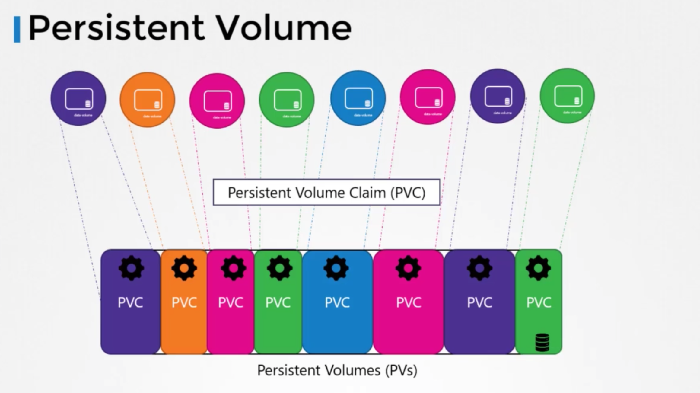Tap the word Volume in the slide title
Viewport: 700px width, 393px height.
pos(284,28)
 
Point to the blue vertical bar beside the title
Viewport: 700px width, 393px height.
pos(17,30)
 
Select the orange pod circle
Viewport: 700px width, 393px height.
pos(147,99)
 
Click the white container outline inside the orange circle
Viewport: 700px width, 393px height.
pos(148,100)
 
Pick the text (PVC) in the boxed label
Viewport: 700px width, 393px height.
pos(408,193)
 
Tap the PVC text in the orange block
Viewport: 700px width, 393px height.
pos(184,302)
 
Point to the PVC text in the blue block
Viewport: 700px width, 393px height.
pos(337,302)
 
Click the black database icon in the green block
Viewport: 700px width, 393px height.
pos(542,342)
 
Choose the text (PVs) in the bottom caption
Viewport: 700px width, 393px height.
pos(401,370)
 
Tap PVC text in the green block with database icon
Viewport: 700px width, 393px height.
pos(539,302)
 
